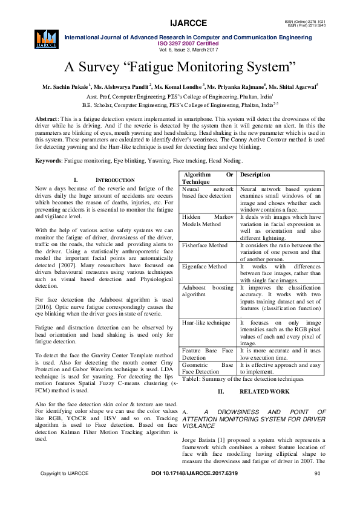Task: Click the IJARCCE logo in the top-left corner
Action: pos(46,37)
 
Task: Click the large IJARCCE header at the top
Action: pos(189,23)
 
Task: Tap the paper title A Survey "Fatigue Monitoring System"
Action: pos(180,66)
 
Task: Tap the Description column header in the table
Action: pos(255,175)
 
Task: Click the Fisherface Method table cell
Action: pos(205,245)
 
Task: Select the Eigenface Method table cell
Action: pos(205,267)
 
